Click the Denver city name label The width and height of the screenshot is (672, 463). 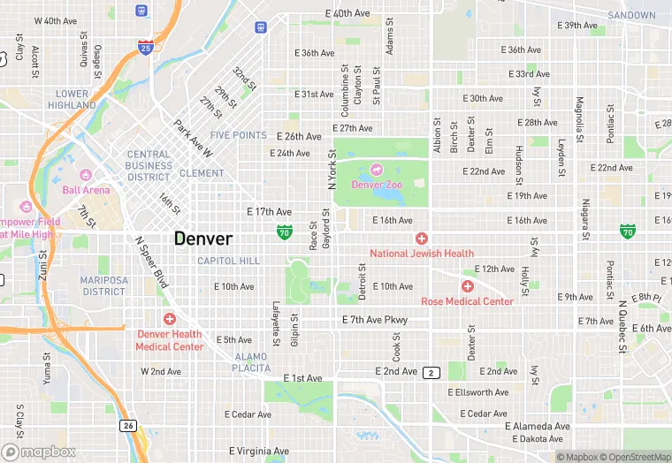pyautogui.click(x=203, y=239)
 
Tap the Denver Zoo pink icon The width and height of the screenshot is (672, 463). pyautogui.click(x=377, y=168)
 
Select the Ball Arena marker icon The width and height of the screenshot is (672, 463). pyautogui.click(x=86, y=173)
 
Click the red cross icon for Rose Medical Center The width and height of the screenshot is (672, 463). pyautogui.click(x=467, y=286)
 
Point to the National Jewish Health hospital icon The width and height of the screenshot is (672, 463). pyautogui.click(x=422, y=239)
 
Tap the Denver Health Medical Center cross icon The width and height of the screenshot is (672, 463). pyautogui.click(x=169, y=318)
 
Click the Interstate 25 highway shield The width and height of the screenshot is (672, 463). pyautogui.click(x=143, y=48)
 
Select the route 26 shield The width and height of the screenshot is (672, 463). pyautogui.click(x=127, y=425)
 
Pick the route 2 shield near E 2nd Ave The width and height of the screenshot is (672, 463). pyautogui.click(x=431, y=372)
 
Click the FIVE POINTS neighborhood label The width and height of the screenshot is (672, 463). pyautogui.click(x=238, y=135)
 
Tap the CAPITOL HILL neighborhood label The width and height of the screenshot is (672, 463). pyautogui.click(x=228, y=261)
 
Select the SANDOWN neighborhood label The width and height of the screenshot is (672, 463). pyautogui.click(x=631, y=16)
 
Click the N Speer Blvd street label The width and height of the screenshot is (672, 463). pyautogui.click(x=151, y=262)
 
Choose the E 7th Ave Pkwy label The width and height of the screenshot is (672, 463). pyautogui.click(x=376, y=319)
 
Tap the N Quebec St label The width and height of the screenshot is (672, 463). pyautogui.click(x=622, y=326)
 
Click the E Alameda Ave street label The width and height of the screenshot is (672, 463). pyautogui.click(x=538, y=426)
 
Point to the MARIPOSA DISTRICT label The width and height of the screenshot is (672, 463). pyautogui.click(x=104, y=285)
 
